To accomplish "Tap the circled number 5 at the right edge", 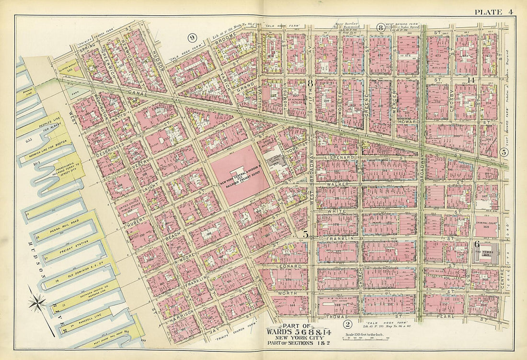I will [x=504, y=152].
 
